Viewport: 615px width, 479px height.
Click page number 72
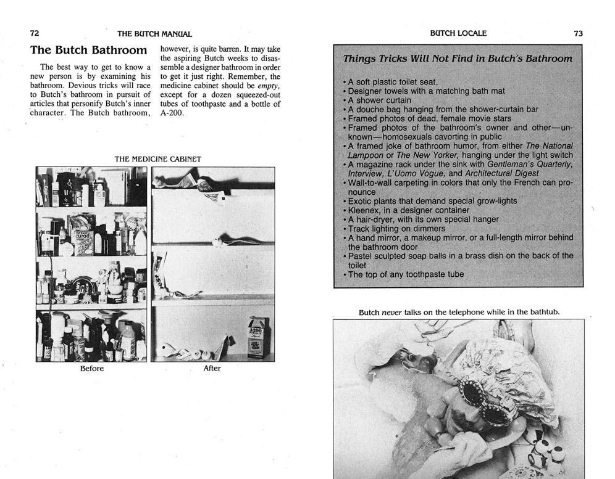tap(35, 33)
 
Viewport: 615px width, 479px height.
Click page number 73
tap(577, 33)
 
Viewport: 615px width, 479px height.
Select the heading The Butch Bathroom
tap(88, 50)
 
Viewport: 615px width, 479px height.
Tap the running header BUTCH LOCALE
tap(458, 33)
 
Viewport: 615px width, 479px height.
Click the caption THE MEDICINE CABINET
tap(157, 159)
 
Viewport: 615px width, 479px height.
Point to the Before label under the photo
tap(91, 369)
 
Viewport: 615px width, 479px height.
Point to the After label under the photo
tap(212, 369)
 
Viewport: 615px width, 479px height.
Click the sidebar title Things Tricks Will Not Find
tap(458, 59)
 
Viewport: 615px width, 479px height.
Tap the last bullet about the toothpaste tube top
tap(406, 274)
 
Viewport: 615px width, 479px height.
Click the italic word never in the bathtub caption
tap(391, 313)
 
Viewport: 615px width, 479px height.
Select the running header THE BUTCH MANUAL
tap(154, 34)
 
